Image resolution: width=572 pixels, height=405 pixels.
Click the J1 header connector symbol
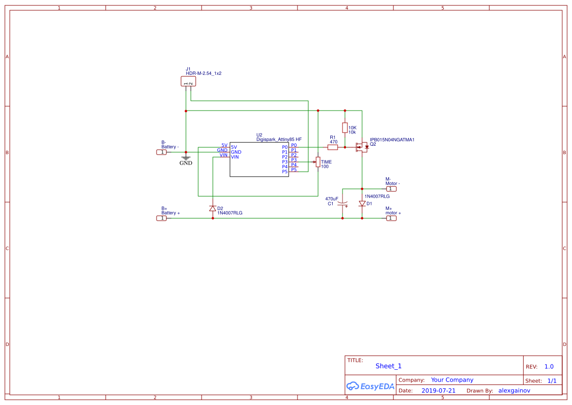pos(188,81)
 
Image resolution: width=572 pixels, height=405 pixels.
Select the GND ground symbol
pos(186,159)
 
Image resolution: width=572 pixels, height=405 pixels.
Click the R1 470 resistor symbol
pos(333,147)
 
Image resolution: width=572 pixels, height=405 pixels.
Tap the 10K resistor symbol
pos(345,128)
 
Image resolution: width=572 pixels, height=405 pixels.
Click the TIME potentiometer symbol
pos(318,162)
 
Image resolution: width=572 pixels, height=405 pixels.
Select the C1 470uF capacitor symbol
pos(343,203)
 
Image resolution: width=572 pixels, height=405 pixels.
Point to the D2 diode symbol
pos(212,208)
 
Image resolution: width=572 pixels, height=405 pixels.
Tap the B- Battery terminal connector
pos(161,152)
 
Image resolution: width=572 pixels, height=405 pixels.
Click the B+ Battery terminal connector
pos(161,218)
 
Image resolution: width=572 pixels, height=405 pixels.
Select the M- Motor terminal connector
pos(391,189)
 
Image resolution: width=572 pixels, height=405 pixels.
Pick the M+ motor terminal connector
pos(391,218)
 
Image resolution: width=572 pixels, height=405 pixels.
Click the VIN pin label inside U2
pos(235,157)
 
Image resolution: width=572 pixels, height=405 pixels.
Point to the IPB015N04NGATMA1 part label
pos(392,139)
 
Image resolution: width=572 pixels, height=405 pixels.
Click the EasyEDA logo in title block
pos(370,386)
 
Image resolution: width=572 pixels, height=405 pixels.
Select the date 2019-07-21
pos(438,391)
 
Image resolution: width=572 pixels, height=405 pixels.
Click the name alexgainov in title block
pos(514,391)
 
